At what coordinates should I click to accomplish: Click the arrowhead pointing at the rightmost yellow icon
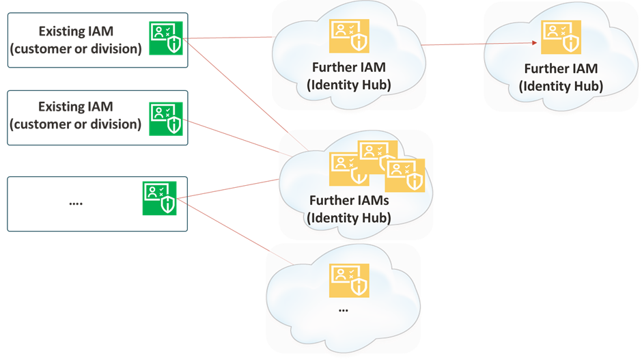click(535, 42)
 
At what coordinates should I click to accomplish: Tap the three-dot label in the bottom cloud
click(343, 309)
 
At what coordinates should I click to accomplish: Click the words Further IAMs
click(348, 201)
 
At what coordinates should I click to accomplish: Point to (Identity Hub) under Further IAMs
click(348, 218)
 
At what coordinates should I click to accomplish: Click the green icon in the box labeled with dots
click(159, 199)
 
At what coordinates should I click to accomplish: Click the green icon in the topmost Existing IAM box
click(167, 38)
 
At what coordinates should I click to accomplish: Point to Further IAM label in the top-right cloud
click(561, 69)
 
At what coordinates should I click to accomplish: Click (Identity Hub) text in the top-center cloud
click(348, 84)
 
